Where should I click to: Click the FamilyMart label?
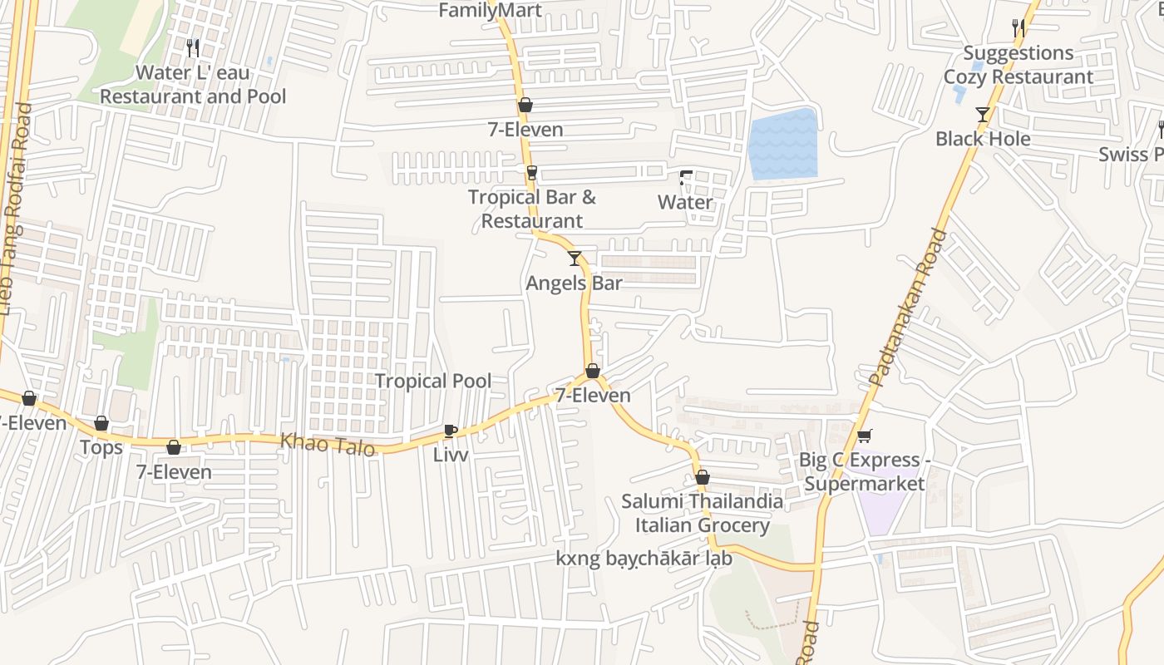[x=490, y=10]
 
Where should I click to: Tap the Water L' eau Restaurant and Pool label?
[x=193, y=85]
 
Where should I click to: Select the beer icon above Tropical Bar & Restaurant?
[x=531, y=173]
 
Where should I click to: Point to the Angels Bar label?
[x=574, y=283]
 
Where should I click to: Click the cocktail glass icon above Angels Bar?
[x=574, y=259]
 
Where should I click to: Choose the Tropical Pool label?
[x=432, y=381]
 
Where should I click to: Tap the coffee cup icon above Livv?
[x=450, y=431]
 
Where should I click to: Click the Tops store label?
[x=101, y=448]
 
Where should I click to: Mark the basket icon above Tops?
[x=101, y=424]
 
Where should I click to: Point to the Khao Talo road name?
[x=327, y=444]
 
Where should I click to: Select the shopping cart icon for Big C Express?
[x=865, y=436]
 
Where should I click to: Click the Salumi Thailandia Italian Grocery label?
[x=703, y=514]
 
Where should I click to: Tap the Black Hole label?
[x=983, y=139]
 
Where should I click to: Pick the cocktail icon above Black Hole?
[x=983, y=115]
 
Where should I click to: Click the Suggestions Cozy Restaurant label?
[x=1018, y=65]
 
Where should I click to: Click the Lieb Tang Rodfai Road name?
[x=13, y=208]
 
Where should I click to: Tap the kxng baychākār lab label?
[x=644, y=559]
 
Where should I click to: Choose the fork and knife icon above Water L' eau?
[x=193, y=48]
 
